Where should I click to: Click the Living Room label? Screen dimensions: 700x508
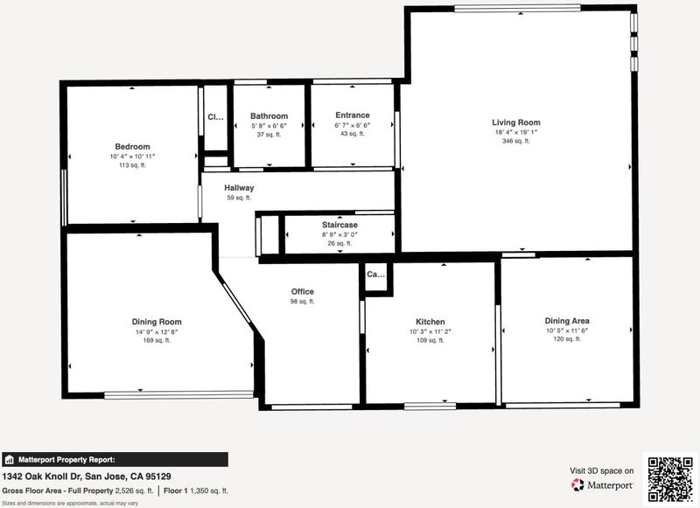pos(516,122)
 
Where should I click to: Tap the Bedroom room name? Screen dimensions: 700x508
pos(133,147)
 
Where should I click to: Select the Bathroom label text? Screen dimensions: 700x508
pos(269,116)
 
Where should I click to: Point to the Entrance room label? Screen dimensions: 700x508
pos(353,115)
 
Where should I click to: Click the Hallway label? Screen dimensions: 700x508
pos(239,188)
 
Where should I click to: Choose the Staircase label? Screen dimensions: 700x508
pos(339,225)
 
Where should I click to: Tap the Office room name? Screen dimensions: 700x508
pos(302,292)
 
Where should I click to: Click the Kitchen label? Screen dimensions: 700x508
pos(430,322)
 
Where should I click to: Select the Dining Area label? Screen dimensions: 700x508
pos(567,321)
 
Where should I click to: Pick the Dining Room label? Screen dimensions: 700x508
pos(157,322)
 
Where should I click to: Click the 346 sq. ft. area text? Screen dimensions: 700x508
pos(516,141)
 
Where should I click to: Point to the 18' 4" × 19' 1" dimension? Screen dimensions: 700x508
pos(516,132)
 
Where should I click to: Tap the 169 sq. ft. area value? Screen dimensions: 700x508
pos(157,340)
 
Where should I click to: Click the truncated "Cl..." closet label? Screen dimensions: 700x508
pos(215,117)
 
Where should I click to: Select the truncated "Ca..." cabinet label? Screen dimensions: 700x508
pos(375,275)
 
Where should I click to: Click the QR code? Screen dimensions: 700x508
pos(670,478)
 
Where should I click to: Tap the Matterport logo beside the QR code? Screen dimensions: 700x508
pos(601,484)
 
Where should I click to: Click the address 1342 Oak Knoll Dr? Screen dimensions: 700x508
pos(41,477)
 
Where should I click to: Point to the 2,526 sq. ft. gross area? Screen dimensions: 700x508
pos(135,491)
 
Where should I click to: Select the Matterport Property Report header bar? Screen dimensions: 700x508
pos(115,460)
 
